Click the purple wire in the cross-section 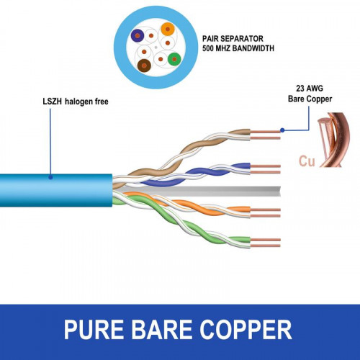[x=137, y=34]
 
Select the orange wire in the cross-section [x=167, y=30]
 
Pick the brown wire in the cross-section [x=144, y=66]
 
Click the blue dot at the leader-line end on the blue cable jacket [x=50, y=176]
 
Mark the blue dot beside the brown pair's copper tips [x=283, y=130]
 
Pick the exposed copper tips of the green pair [x=266, y=241]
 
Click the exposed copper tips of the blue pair [x=266, y=170]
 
